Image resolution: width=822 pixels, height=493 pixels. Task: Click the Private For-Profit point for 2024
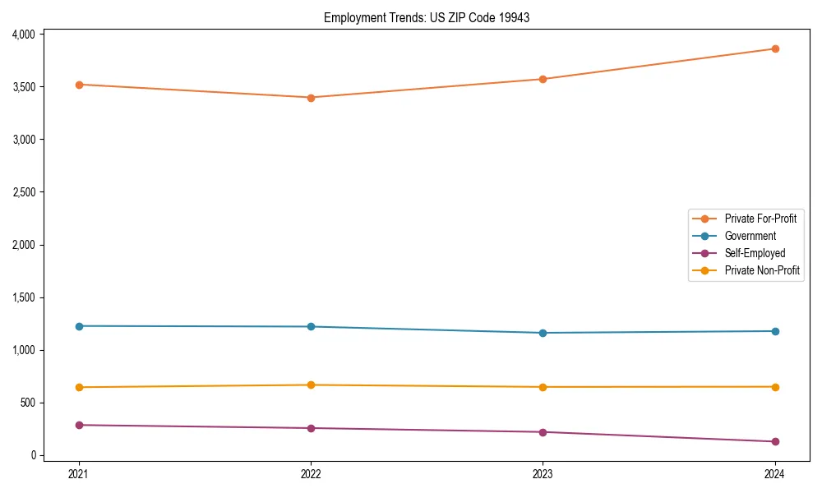(775, 48)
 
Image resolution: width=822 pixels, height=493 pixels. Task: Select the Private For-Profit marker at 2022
(311, 98)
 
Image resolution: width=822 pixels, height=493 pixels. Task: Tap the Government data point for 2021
(79, 326)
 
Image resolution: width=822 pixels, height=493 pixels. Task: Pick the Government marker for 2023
(543, 333)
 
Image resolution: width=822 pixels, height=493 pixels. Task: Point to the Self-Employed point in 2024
(775, 441)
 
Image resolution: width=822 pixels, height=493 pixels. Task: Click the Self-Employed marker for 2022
(311, 428)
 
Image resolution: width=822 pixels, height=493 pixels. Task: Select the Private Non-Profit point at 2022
(311, 385)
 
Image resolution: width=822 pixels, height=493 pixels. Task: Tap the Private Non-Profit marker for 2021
(79, 387)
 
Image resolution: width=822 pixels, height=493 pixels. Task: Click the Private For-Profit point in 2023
(543, 79)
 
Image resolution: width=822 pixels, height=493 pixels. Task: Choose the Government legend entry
(750, 236)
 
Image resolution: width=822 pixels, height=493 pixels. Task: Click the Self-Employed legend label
(755, 253)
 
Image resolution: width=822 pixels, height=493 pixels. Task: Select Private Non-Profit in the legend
(762, 270)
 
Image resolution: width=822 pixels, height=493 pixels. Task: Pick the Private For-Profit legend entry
(760, 219)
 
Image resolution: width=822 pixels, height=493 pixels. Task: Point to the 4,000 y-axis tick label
(24, 35)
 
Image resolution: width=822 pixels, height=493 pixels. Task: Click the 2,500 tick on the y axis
(24, 192)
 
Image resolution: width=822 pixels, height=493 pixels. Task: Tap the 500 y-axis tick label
(30, 403)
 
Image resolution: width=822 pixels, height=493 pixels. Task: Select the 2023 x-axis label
(543, 473)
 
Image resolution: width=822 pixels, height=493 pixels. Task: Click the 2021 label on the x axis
(79, 473)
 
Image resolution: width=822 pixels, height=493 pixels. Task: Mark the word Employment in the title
(351, 17)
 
